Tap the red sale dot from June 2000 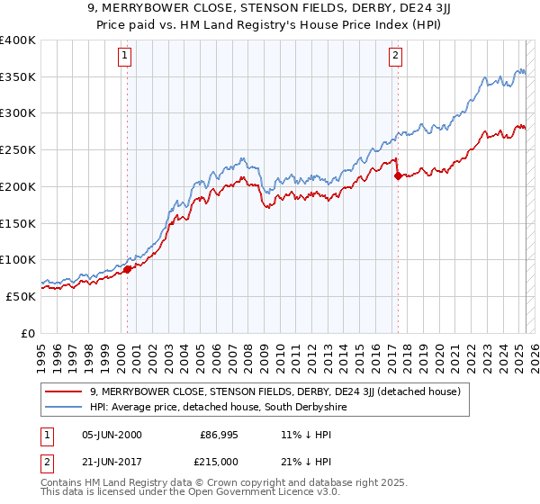[127, 268]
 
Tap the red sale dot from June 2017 [398, 175]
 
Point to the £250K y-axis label [18, 150]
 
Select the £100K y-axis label [18, 260]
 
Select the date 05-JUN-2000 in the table [112, 435]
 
